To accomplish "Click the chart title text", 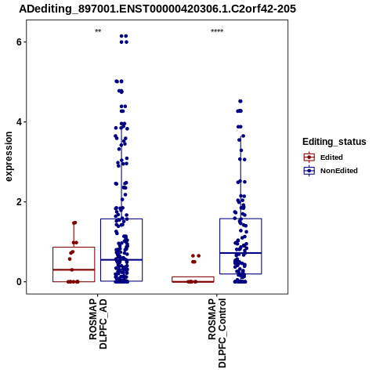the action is coord(157,9).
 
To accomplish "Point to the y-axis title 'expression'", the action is coord(9,157).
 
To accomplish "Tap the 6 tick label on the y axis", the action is coord(19,42).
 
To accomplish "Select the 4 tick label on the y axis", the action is coord(19,122).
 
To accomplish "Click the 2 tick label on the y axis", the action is coord(19,202).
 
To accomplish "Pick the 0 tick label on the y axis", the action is coord(19,282).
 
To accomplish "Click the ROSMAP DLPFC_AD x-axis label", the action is coord(98,324).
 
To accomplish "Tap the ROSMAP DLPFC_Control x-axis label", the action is coord(217,333).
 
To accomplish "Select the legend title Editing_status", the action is coord(334,142).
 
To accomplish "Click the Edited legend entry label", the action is coord(331,157).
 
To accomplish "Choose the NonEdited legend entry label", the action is coord(339,171).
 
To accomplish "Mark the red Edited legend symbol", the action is coord(309,157).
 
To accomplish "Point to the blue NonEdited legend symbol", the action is coord(309,171).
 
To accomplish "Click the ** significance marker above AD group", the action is coord(98,31).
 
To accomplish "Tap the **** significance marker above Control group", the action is coord(217,31).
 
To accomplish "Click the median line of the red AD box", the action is coord(74,269).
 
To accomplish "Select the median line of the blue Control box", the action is coord(240,253).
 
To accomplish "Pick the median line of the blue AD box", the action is coord(121,260).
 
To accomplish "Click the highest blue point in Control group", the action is coord(240,101).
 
